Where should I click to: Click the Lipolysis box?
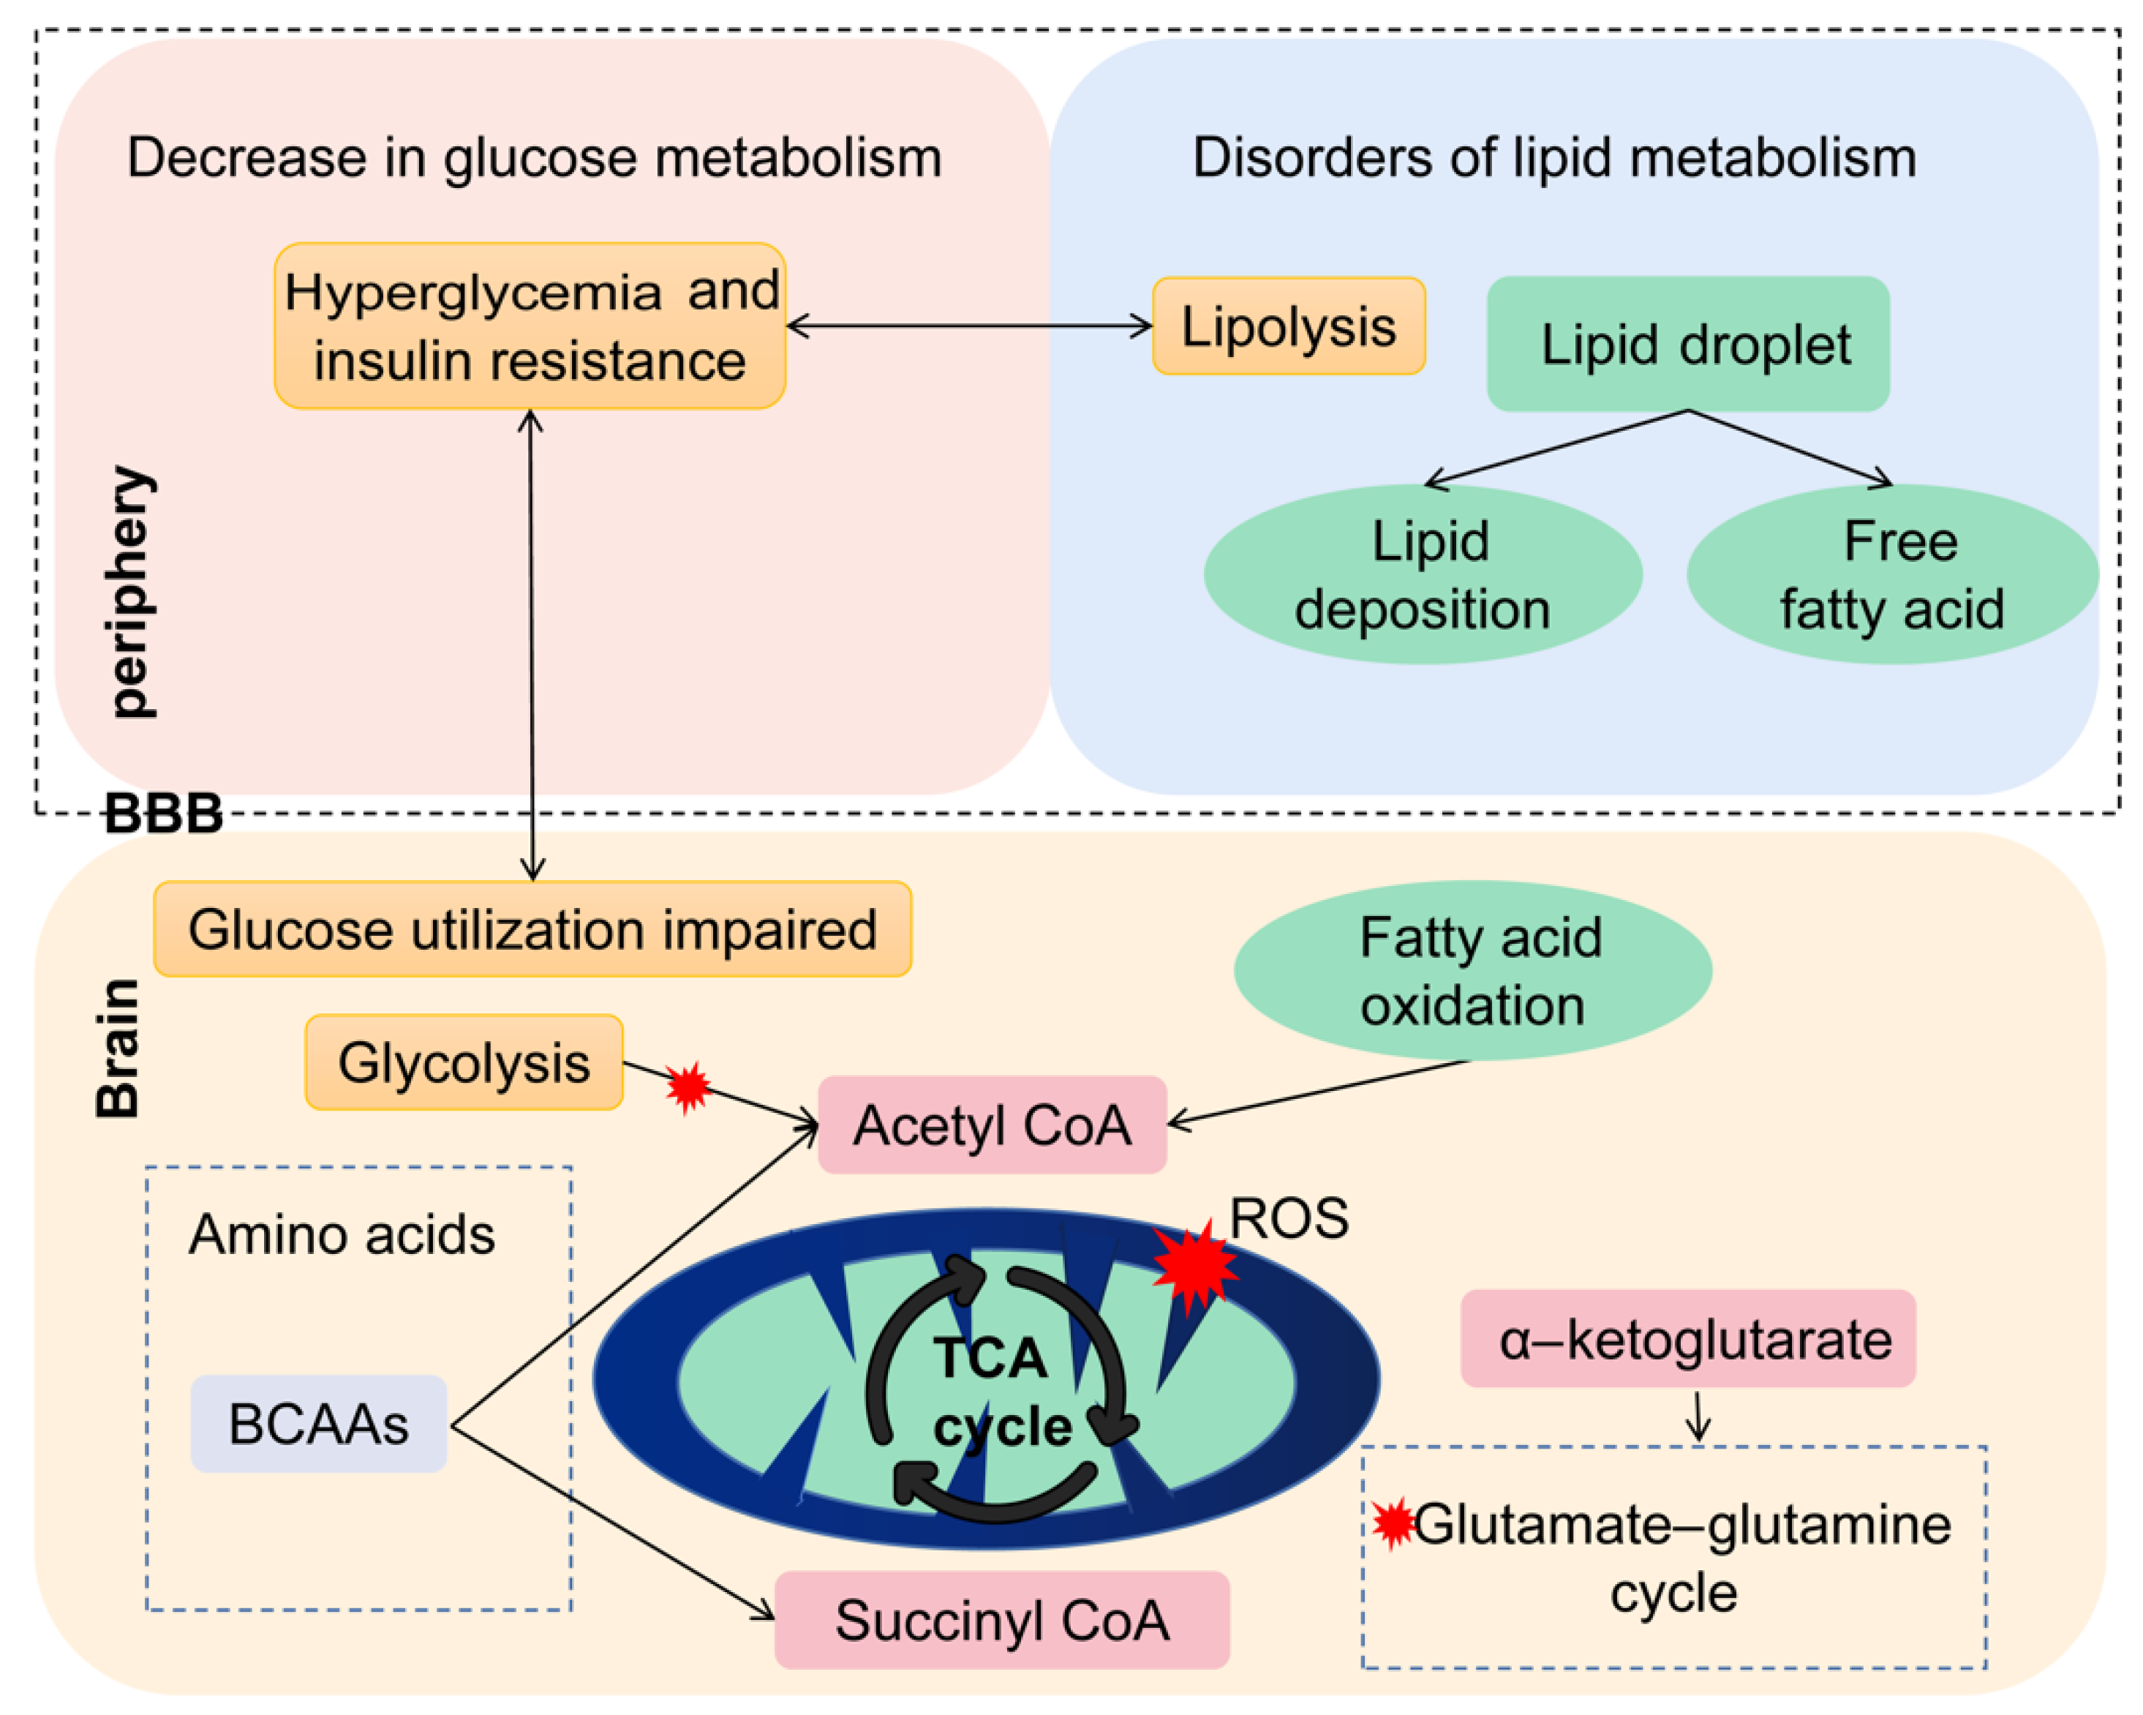[1288, 326]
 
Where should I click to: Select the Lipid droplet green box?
[1687, 344]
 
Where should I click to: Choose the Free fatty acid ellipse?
[1891, 574]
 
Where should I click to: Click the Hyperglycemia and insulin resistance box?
[530, 326]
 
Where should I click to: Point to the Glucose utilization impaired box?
[532, 930]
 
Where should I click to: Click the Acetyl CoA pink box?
[991, 1125]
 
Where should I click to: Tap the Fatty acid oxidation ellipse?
[1472, 970]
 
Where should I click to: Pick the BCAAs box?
[318, 1424]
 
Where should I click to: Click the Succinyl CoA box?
[1001, 1620]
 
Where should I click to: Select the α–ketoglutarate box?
[1687, 1339]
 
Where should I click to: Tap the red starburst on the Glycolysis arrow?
[688, 1088]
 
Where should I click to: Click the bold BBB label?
[163, 814]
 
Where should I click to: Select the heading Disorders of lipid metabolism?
[1553, 157]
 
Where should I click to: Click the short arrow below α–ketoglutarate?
[1699, 1416]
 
